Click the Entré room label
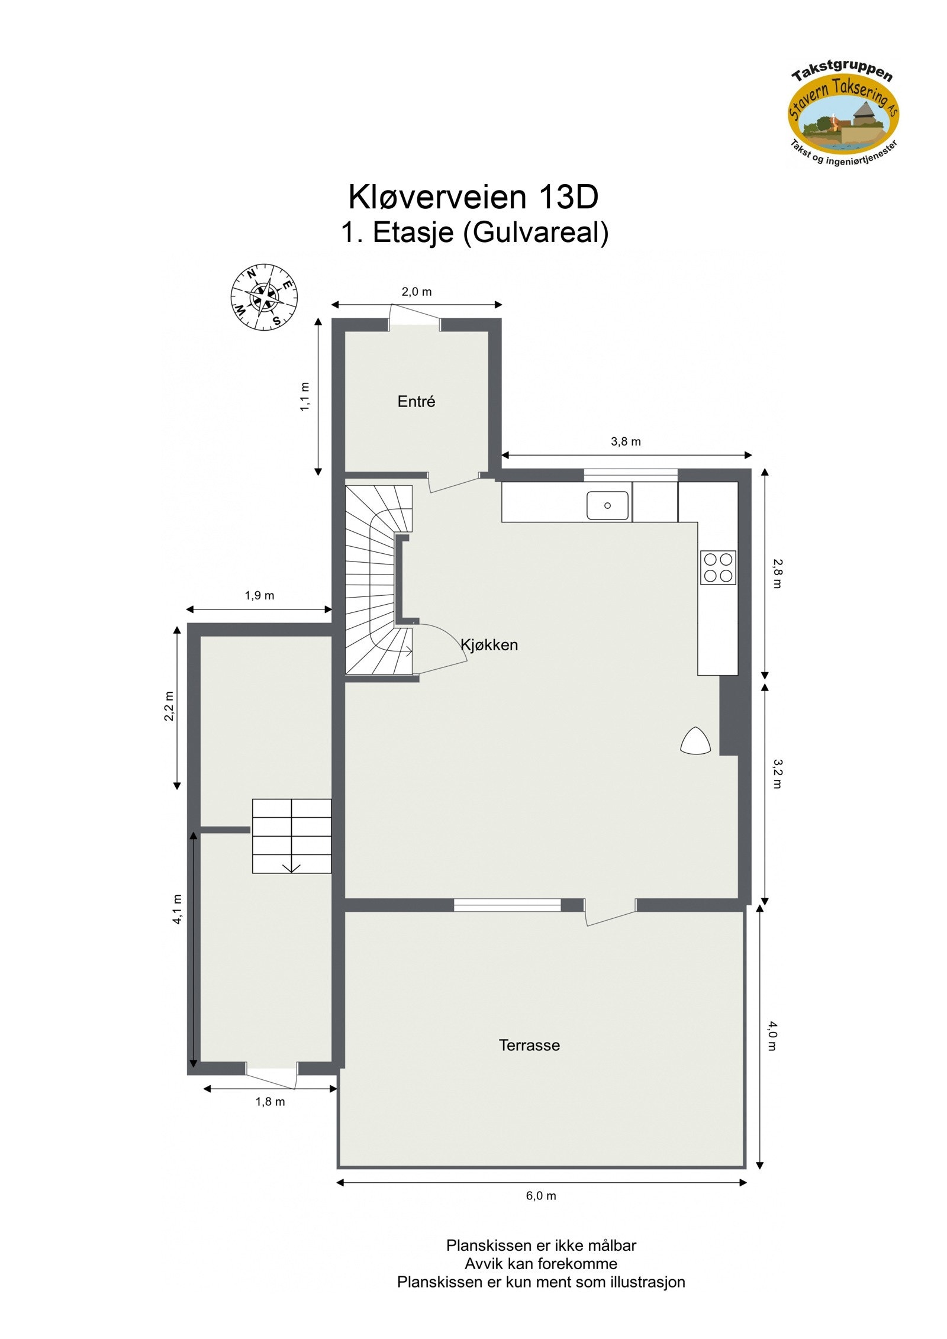416,402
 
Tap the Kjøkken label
489,645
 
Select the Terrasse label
529,1046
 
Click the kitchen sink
607,505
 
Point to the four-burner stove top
718,567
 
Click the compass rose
264,296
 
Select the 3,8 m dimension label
626,442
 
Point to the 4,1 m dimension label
178,909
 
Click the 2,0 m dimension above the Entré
417,292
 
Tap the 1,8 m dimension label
270,1102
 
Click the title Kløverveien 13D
473,197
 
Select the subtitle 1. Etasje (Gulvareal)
474,233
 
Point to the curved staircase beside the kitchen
376,580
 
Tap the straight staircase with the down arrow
292,835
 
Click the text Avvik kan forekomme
541,1264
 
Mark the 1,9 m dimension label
259,596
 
